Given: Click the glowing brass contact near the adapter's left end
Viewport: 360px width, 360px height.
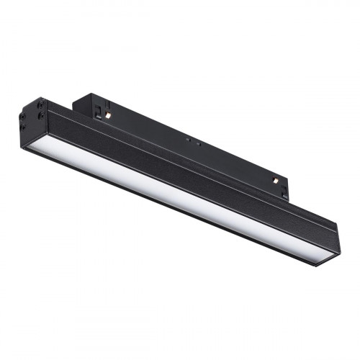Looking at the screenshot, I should click(x=106, y=116).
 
